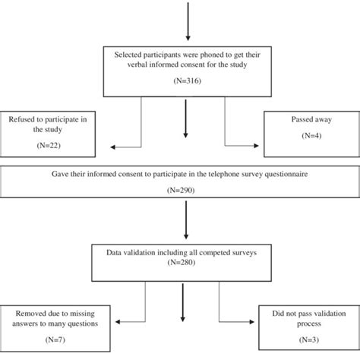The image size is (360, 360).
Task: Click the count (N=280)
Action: point(180,264)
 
